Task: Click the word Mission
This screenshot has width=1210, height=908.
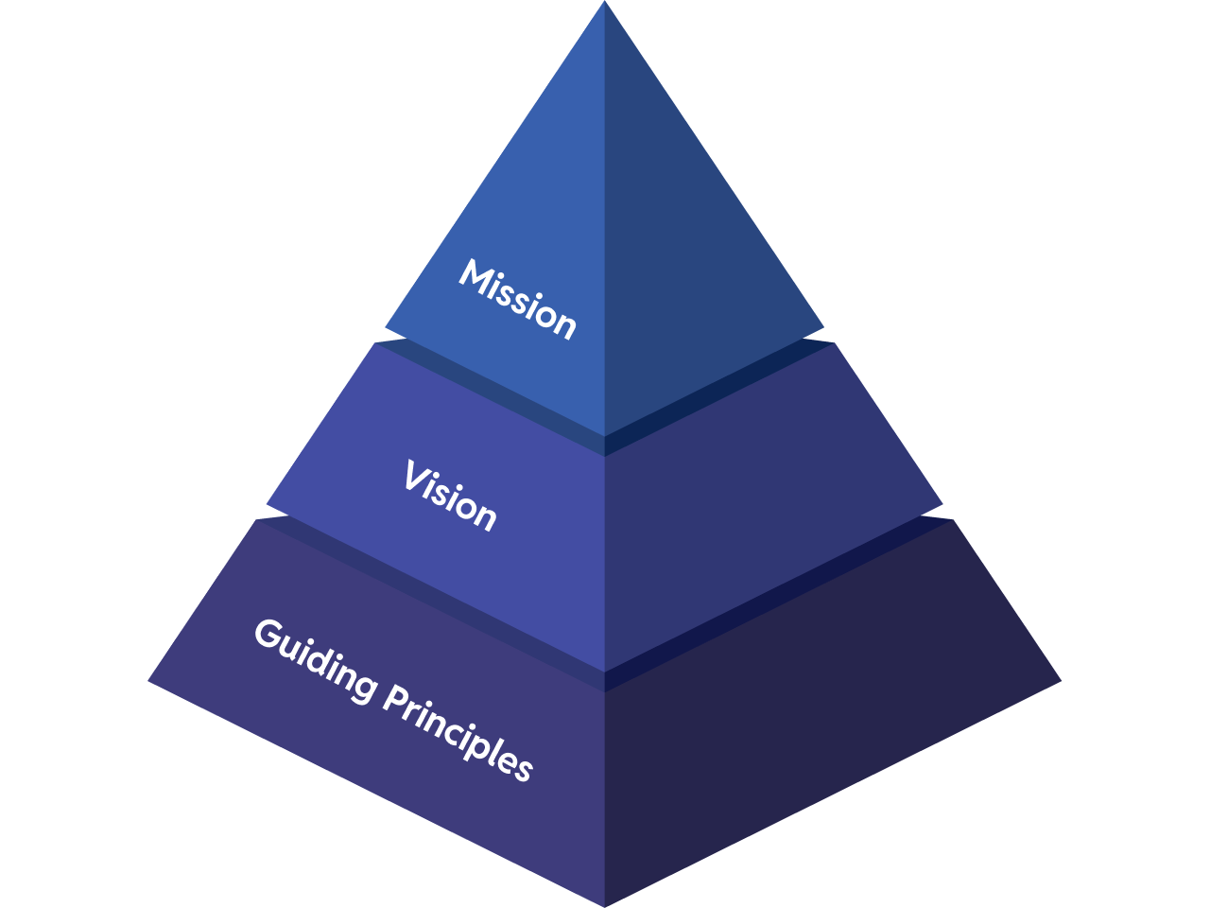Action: pos(517,299)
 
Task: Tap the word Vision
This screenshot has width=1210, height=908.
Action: pos(449,497)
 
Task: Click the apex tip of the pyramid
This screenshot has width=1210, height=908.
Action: pos(605,3)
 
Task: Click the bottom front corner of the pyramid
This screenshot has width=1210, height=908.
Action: pos(605,904)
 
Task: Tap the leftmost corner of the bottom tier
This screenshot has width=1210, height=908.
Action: pos(149,680)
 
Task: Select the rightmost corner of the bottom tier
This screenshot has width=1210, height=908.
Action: pos(1061,680)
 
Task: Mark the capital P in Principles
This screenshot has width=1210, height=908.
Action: pos(397,697)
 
